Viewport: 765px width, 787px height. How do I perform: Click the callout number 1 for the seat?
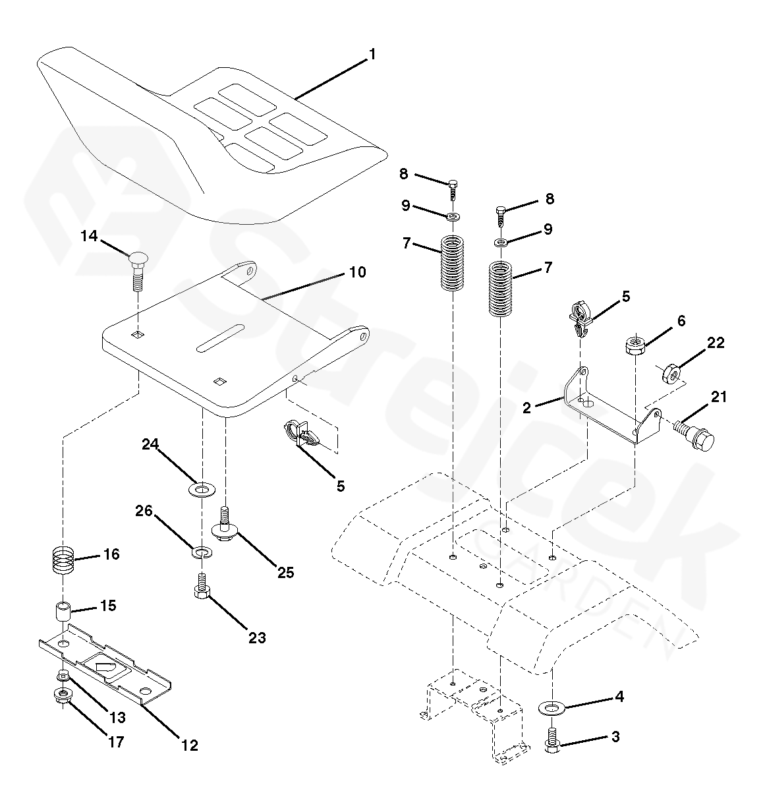[x=372, y=55]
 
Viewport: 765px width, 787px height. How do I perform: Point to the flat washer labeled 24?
[x=202, y=489]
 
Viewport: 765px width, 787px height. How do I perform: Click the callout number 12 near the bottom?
[x=189, y=745]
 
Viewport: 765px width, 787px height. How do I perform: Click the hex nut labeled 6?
[x=634, y=346]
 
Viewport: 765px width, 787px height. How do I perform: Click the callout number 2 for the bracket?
[x=526, y=408]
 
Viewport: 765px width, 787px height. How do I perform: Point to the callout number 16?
[x=111, y=554]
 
